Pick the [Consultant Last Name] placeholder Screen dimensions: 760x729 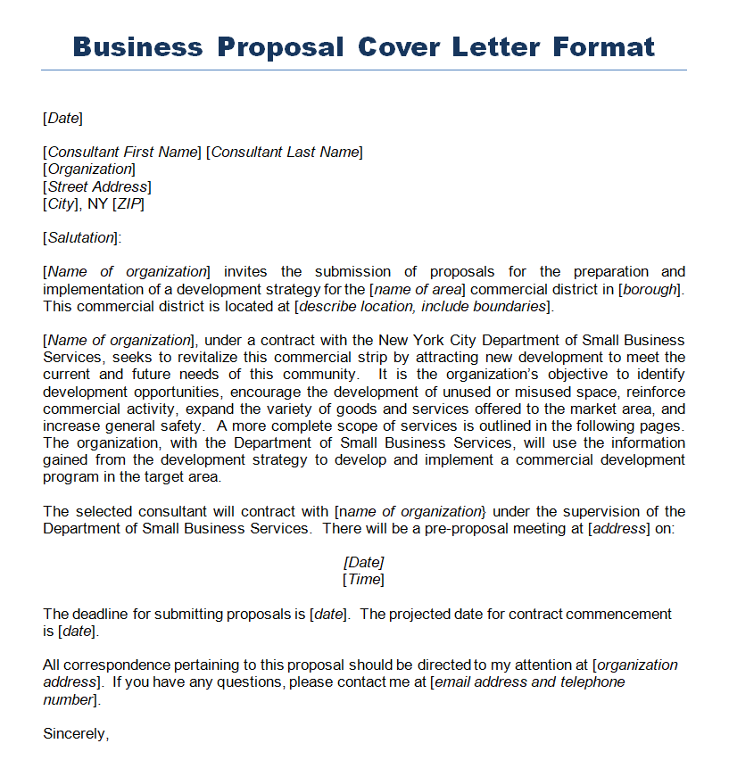(285, 152)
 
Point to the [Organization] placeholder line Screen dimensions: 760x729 (89, 169)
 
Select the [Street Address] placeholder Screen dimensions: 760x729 (97, 186)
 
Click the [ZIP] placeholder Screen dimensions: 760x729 (128, 203)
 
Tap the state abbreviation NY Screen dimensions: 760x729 (97, 203)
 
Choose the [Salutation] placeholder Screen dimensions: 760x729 (80, 237)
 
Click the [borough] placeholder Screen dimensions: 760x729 (650, 289)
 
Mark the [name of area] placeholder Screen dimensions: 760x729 (418, 289)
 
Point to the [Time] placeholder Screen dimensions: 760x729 (364, 580)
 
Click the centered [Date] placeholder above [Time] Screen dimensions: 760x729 (364, 563)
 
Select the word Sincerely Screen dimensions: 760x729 (76, 734)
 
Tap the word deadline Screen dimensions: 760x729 (101, 614)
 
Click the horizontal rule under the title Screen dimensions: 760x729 (364, 70)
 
